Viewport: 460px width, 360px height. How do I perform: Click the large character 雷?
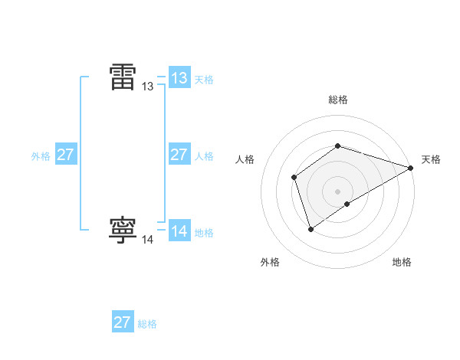[x=123, y=77]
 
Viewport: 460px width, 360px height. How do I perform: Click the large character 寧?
[x=123, y=230]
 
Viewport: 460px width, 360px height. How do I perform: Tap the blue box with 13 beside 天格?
[x=179, y=78]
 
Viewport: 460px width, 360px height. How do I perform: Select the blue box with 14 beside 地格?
[x=179, y=231]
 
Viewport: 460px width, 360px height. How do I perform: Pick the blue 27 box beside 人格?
[x=179, y=155]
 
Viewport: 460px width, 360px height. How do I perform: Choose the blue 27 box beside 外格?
[x=66, y=155]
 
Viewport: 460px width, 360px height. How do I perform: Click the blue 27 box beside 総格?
[x=123, y=322]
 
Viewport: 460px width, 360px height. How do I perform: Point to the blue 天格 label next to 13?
[x=204, y=80]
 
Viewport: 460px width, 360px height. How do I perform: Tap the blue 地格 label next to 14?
[x=204, y=233]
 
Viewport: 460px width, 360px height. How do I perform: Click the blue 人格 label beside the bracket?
[x=204, y=156]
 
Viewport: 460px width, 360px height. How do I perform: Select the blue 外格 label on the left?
[x=41, y=156]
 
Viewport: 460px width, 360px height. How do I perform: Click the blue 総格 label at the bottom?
[x=147, y=324]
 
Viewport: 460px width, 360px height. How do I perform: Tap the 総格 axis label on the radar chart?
[x=338, y=100]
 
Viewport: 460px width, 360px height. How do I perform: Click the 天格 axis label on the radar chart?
[x=431, y=159]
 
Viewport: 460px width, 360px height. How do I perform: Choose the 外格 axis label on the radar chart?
[x=270, y=262]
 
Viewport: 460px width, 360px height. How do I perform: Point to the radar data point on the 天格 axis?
[x=411, y=168]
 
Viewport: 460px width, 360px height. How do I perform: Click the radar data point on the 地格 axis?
[x=347, y=204]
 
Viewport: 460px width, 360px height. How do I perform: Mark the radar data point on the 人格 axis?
[x=294, y=178]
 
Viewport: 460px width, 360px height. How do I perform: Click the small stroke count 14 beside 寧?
[x=148, y=240]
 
